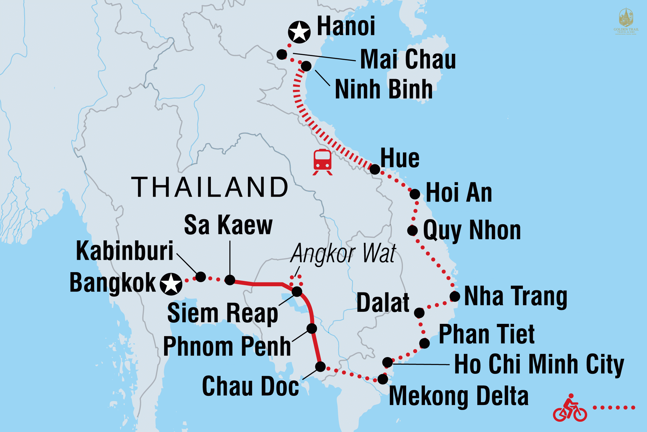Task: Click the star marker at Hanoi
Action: (x=299, y=32)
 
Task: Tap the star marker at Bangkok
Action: (x=171, y=284)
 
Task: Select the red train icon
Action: (x=323, y=162)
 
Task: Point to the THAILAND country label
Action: (x=210, y=187)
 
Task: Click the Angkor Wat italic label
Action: (x=343, y=253)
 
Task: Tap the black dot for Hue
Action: (x=375, y=169)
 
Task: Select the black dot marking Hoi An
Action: (x=415, y=194)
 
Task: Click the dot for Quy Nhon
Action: (x=412, y=230)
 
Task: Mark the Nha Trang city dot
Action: (x=455, y=296)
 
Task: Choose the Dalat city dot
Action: (x=419, y=313)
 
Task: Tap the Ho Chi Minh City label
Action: (x=539, y=364)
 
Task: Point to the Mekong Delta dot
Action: (x=383, y=379)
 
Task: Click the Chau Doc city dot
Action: (x=320, y=366)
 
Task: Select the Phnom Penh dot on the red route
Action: (x=311, y=328)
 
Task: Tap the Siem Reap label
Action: (x=222, y=313)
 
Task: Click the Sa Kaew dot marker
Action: (x=230, y=280)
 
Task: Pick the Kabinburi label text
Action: (x=124, y=251)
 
